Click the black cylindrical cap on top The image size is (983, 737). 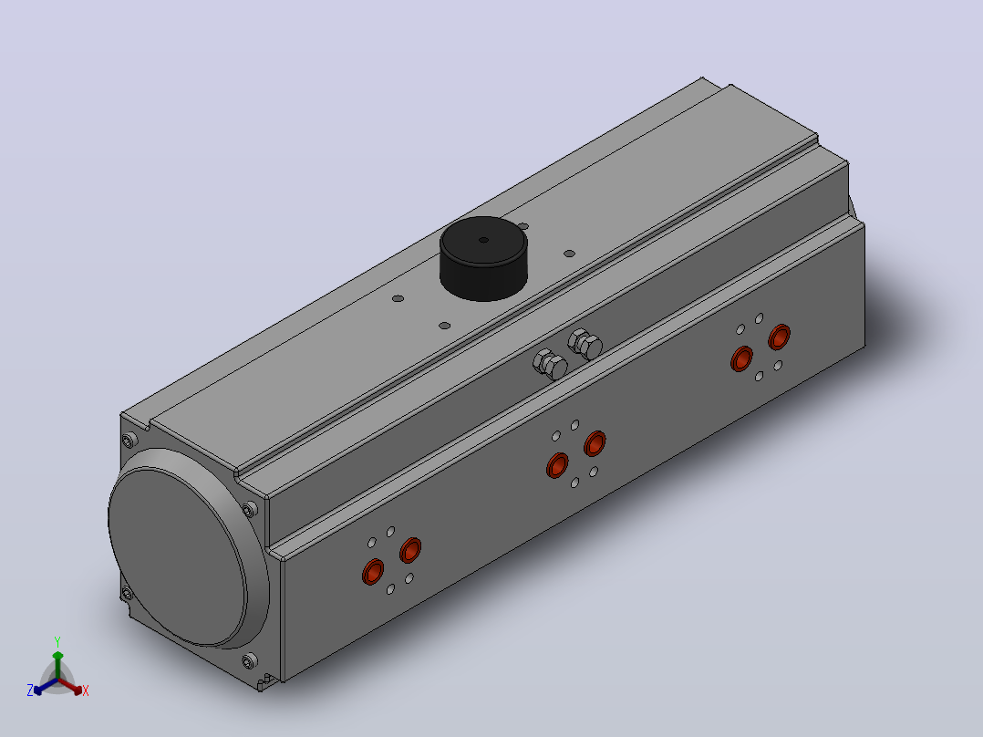483,258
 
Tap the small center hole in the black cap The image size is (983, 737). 483,240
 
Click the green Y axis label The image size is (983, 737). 57,641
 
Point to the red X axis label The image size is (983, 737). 86,690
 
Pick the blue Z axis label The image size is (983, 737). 30,690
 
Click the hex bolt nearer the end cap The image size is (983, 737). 551,365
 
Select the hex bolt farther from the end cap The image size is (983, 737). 585,345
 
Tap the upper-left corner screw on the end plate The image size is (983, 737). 129,441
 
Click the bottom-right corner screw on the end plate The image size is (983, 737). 250,660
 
